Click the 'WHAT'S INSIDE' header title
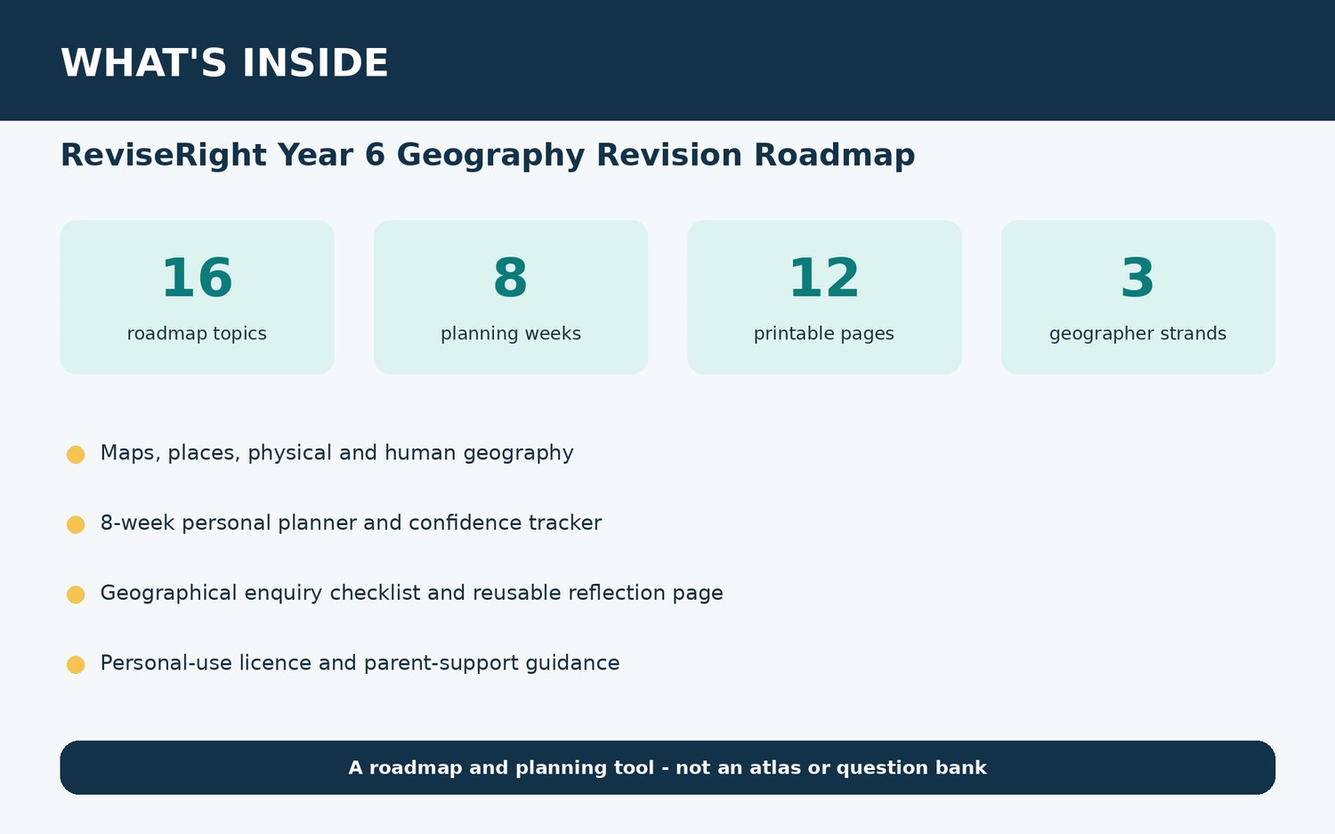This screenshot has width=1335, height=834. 224,62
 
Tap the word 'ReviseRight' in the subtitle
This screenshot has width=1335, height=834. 164,155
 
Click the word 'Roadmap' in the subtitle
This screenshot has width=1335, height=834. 835,156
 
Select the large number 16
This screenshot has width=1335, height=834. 198,278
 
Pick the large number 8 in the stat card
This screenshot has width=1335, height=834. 511,278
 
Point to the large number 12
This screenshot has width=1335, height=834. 824,278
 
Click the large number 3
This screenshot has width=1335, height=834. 1137,278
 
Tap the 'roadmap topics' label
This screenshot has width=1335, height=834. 197,333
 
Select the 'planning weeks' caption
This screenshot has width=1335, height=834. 511,333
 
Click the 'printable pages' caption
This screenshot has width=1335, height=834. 824,333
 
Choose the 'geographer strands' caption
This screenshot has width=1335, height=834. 1137,333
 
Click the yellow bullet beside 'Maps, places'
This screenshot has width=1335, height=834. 76,454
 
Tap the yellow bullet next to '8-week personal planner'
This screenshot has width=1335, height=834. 76,524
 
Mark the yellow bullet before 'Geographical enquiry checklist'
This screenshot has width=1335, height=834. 76,595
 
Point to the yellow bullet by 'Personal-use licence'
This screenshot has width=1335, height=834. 76,665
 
